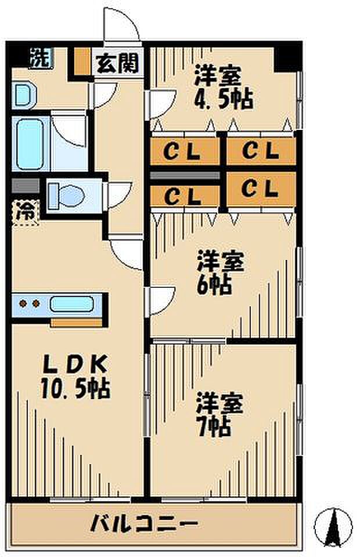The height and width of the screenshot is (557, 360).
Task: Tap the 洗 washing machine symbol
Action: coord(39,57)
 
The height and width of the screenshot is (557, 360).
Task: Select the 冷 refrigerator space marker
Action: coord(25,211)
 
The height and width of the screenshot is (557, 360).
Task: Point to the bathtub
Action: coord(30,144)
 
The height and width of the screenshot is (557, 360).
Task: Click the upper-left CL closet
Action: coord(185,152)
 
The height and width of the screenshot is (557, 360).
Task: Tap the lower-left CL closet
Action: coord(184,195)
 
